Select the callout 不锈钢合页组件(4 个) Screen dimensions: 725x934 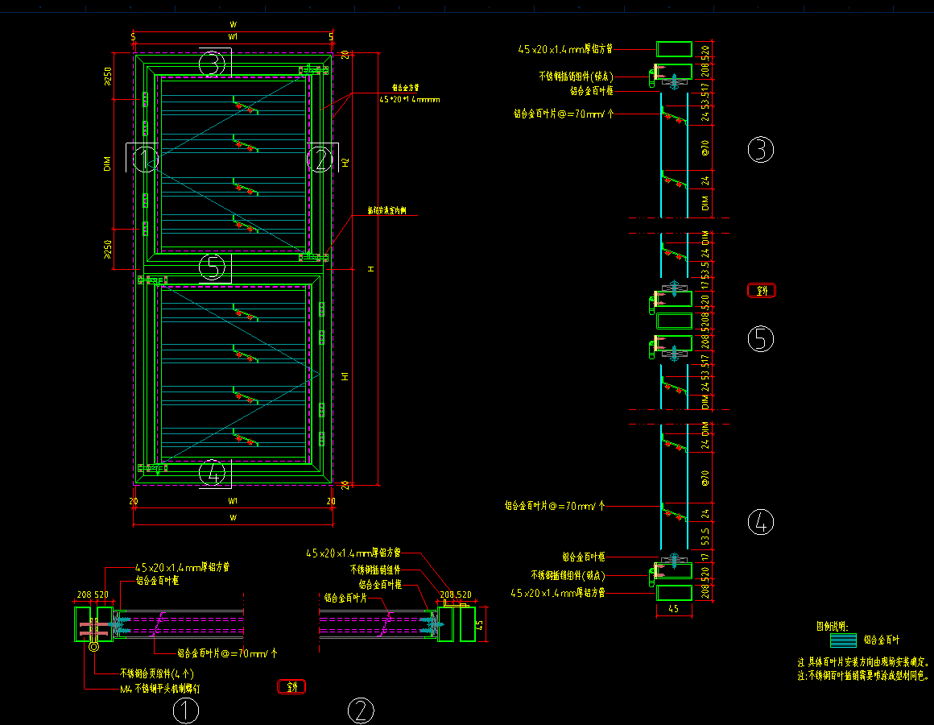click(x=156, y=673)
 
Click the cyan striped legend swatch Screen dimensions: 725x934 click(x=843, y=640)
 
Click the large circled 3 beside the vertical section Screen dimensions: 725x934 click(x=760, y=150)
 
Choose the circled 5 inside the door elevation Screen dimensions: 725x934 click(x=212, y=266)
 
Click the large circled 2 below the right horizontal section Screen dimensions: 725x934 click(x=361, y=711)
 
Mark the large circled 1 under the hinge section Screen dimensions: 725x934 click(x=186, y=711)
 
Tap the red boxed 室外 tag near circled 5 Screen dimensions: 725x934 click(x=762, y=291)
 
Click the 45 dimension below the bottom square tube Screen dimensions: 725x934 click(x=674, y=610)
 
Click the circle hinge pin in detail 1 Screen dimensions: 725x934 click(x=95, y=645)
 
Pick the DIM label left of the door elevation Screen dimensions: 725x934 click(x=107, y=165)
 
